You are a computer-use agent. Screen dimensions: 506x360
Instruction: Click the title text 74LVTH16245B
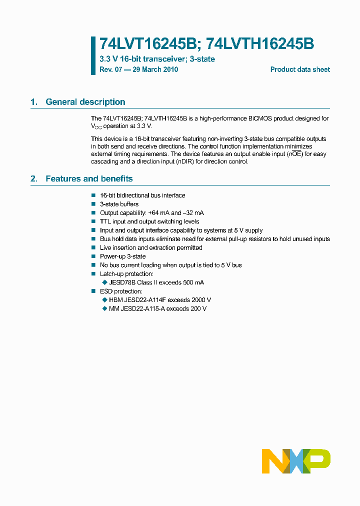(x=260, y=44)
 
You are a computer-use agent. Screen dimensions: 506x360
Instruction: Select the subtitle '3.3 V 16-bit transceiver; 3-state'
(x=157, y=59)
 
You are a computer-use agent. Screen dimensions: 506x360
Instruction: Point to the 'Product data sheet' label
(x=300, y=69)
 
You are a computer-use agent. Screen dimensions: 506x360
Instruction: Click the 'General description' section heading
(x=85, y=102)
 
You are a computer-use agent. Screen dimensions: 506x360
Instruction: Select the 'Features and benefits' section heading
(x=89, y=178)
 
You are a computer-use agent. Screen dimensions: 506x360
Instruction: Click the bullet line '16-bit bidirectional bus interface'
(x=142, y=195)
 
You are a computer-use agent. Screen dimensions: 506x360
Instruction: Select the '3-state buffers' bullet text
(x=119, y=204)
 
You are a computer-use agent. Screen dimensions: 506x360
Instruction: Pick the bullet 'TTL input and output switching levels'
(x=149, y=221)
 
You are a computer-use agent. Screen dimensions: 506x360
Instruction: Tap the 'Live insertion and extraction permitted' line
(x=151, y=247)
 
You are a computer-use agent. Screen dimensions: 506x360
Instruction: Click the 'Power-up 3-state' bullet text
(x=122, y=256)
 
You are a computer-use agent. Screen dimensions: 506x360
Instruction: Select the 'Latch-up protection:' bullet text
(x=126, y=274)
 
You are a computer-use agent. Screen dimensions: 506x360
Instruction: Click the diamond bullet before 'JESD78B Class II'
(x=104, y=282)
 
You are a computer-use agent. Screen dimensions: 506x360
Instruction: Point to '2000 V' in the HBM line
(x=201, y=300)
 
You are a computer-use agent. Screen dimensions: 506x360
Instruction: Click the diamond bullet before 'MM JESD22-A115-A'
(x=104, y=308)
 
